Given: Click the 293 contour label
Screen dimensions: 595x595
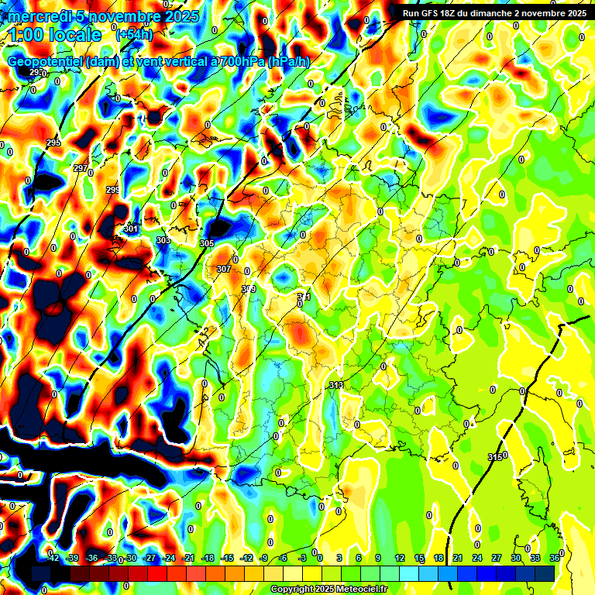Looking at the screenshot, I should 36,72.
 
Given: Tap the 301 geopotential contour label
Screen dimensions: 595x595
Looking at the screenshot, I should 130,229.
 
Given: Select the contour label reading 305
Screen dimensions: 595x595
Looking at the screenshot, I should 206,243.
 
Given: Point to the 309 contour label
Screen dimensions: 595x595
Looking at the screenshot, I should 248,289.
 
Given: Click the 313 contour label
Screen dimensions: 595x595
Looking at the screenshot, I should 336,385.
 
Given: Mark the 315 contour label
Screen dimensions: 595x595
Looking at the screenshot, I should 495,456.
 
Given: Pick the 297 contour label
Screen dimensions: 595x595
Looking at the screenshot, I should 81,168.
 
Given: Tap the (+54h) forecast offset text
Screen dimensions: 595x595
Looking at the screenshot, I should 133,35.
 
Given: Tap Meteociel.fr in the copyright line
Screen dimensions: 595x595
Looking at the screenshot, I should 358,590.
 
